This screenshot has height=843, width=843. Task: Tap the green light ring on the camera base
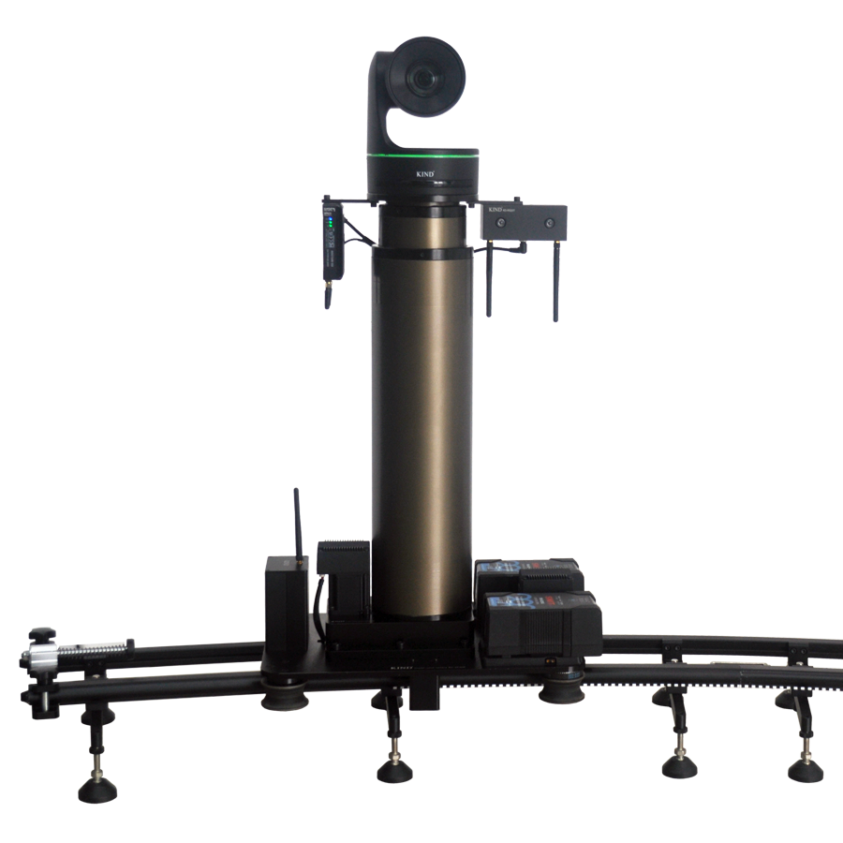coord(422,155)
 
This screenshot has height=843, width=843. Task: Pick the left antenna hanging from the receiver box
coord(489,281)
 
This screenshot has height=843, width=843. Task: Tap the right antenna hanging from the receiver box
coord(555,281)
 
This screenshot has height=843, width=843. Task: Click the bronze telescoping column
coord(421,421)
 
